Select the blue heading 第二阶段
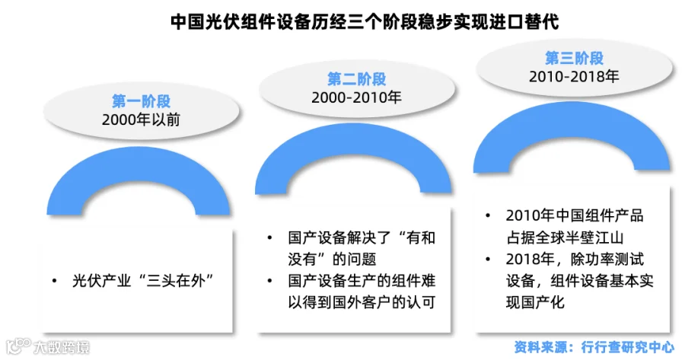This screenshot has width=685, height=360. [x=356, y=78]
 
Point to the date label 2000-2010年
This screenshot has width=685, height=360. [x=356, y=97]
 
